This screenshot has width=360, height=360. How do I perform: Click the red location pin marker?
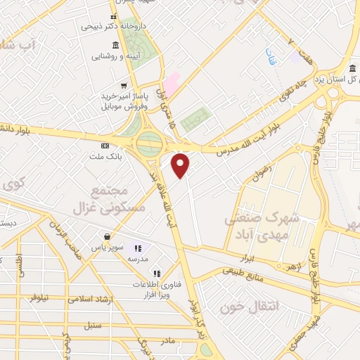[181, 165]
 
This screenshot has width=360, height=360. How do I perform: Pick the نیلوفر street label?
[40, 298]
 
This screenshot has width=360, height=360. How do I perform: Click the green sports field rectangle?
[195, 120]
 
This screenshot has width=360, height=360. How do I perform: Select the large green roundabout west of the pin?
[149, 143]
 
